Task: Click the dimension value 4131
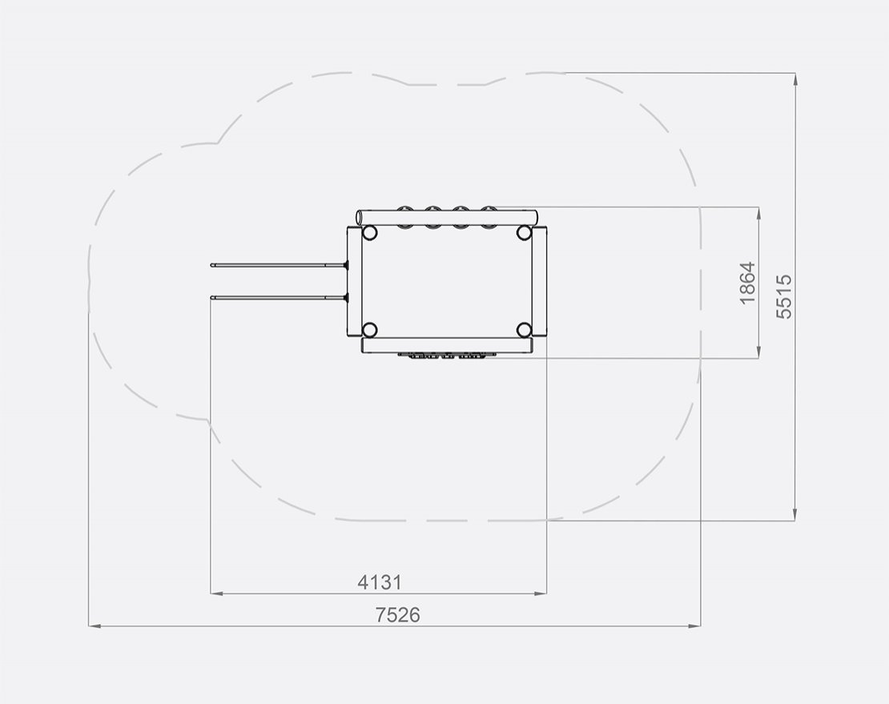[380, 582]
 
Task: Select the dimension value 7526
[397, 615]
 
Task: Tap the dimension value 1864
[748, 283]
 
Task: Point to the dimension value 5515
[783, 296]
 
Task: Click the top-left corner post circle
[370, 232]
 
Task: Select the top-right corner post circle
[524, 232]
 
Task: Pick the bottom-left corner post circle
[370, 330]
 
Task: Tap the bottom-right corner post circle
[524, 330]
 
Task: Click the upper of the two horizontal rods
[279, 265]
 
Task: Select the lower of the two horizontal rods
[279, 298]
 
